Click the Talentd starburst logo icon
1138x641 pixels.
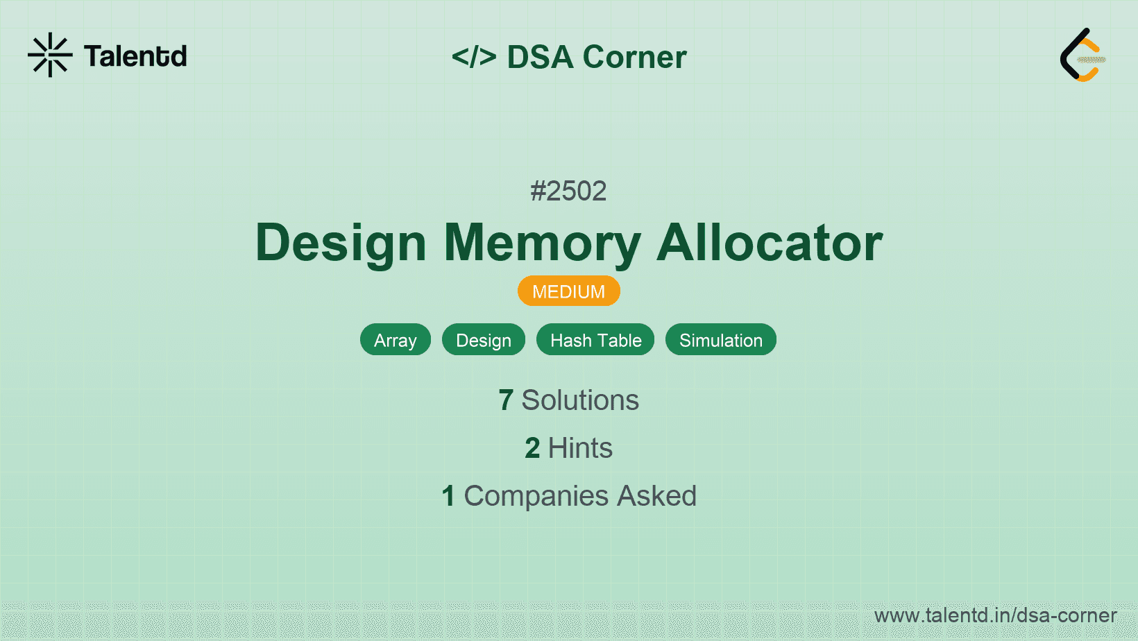[x=50, y=55]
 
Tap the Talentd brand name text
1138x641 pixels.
[x=135, y=56]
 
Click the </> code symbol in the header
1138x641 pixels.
[x=473, y=56]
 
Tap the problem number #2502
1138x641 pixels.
[x=568, y=191]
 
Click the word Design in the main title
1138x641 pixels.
[x=341, y=243]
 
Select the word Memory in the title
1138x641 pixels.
[x=542, y=243]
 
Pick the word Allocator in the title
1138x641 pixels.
[x=770, y=243]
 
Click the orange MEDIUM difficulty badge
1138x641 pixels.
[x=568, y=291]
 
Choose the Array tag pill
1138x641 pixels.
[x=396, y=340]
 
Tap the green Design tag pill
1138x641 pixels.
[x=484, y=340]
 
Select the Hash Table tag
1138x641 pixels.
[x=595, y=340]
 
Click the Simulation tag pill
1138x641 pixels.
[x=721, y=340]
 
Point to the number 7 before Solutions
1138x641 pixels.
[x=506, y=400]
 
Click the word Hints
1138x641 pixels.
[x=580, y=448]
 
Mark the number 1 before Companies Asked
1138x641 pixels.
[x=448, y=496]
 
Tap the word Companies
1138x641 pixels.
[x=536, y=496]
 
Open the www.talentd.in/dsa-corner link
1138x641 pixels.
[x=995, y=615]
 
